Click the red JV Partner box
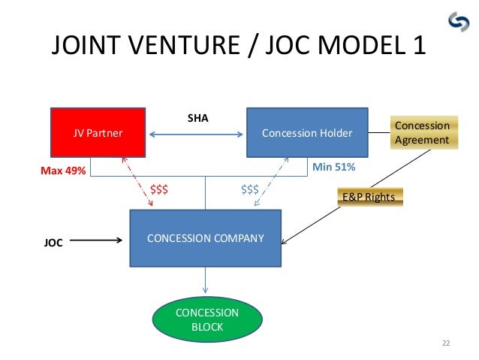tap(98, 132)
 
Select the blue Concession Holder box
tap(307, 132)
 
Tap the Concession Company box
tap(206, 238)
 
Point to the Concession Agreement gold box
tap(421, 132)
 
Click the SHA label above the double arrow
tap(197, 118)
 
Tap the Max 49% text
tap(63, 171)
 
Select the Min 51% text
tap(333, 167)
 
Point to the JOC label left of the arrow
tap(53, 243)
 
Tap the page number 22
tap(446, 343)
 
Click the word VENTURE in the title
tap(171, 46)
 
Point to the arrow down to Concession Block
tap(206, 281)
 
